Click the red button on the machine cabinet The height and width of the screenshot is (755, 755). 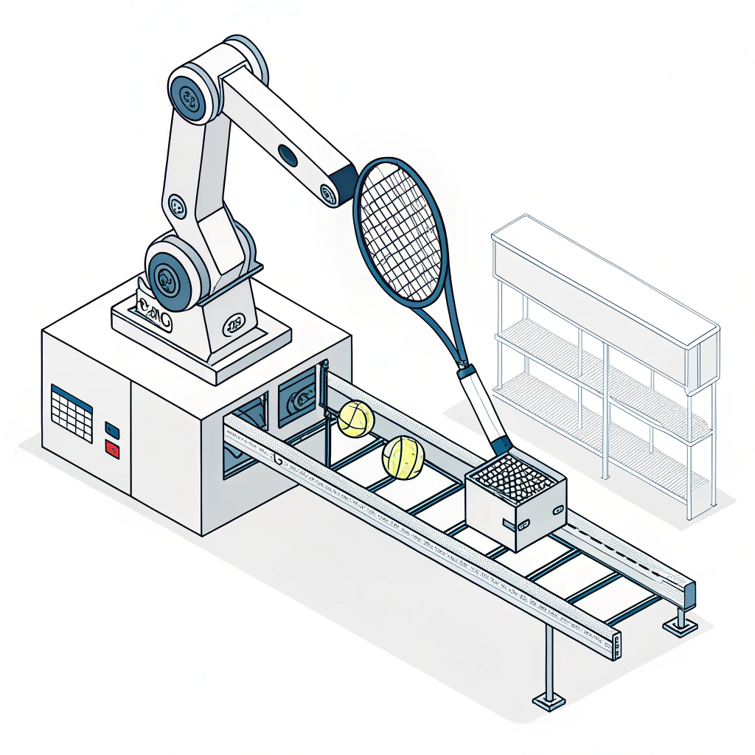point(112,448)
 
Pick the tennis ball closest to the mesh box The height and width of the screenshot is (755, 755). point(403,456)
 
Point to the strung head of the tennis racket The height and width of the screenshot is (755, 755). point(400,230)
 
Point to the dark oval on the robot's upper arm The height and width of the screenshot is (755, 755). point(288,156)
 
